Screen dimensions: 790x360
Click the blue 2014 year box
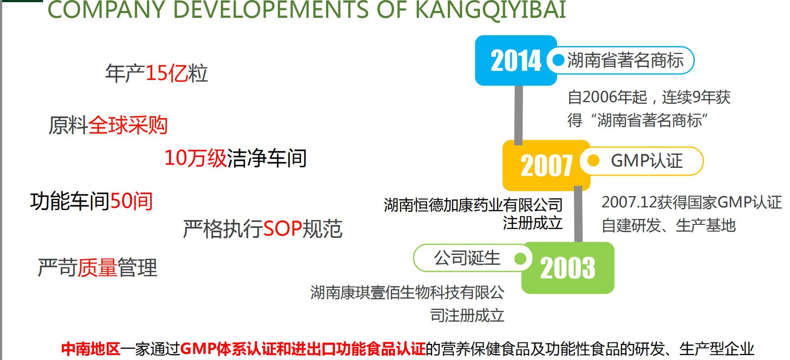pyautogui.click(x=516, y=60)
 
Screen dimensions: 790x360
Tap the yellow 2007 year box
pyautogui.click(x=546, y=166)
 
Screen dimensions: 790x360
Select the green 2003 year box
pyautogui.click(x=568, y=268)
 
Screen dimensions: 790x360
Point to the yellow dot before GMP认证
pyautogui.click(x=593, y=161)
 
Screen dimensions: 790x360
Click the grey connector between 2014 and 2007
pyautogui.click(x=518, y=115)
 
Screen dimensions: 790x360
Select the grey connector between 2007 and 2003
pyautogui.click(x=578, y=214)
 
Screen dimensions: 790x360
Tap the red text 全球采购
pyautogui.click(x=128, y=125)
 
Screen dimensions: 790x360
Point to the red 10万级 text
pyautogui.click(x=196, y=157)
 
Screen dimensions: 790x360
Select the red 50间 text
pyautogui.click(x=131, y=201)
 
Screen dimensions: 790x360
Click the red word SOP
pyautogui.click(x=283, y=229)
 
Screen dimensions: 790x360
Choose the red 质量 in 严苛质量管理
pyautogui.click(x=97, y=267)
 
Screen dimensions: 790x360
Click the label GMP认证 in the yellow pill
pyautogui.click(x=647, y=161)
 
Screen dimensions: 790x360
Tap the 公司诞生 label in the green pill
pyautogui.click(x=467, y=258)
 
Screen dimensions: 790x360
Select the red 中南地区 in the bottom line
pyautogui.click(x=90, y=349)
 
